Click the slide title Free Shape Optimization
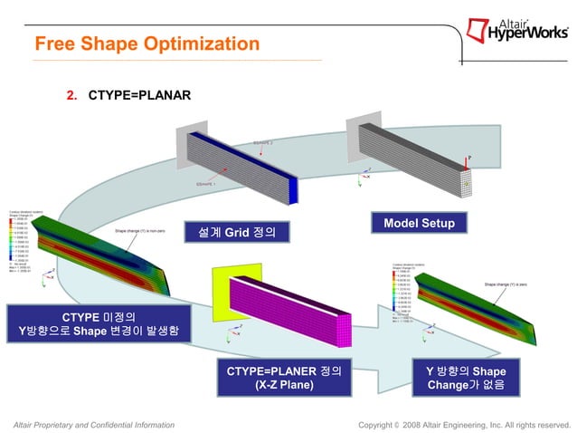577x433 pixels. coord(147,43)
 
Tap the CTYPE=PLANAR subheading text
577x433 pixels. coord(139,94)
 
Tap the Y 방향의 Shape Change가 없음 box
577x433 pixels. coord(465,378)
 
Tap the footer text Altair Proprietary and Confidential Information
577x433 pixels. coord(90,424)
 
